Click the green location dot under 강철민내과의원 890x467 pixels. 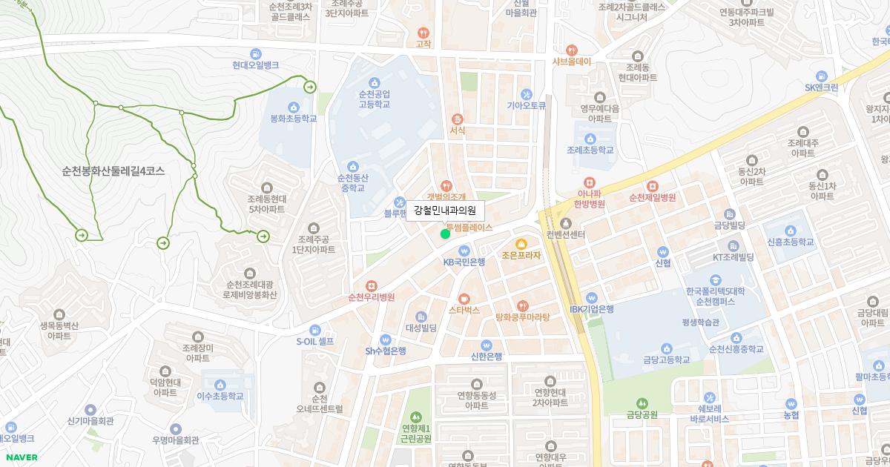point(445,234)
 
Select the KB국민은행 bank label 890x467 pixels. point(464,262)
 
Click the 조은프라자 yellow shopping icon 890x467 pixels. point(521,243)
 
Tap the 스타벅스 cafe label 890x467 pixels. point(464,310)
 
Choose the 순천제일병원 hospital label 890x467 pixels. point(652,198)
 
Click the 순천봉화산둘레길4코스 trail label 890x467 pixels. point(113,170)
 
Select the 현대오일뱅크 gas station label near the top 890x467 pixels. point(255,65)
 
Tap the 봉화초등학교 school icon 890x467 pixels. point(293,107)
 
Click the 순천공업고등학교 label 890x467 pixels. point(374,99)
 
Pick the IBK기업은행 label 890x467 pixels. point(591,309)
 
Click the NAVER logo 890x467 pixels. point(19,457)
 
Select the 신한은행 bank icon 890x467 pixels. point(487,345)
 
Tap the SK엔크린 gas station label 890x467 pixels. point(821,87)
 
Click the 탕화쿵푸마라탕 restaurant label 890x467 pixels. point(522,317)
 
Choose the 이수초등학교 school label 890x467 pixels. point(220,396)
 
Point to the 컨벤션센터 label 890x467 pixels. point(566,235)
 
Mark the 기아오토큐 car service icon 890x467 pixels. point(527,94)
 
